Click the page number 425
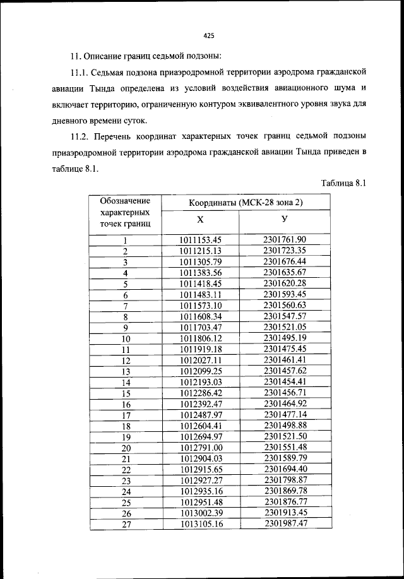point(210,35)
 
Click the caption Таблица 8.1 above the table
point(343,184)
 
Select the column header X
point(200,220)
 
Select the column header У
point(285,220)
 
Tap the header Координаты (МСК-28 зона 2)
point(246,203)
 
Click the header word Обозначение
point(125,201)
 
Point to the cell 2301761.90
point(285,239)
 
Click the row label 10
point(125,339)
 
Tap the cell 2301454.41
point(285,382)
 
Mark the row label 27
point(125,524)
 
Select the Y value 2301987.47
point(285,523)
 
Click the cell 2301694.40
point(285,469)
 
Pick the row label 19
point(125,437)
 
